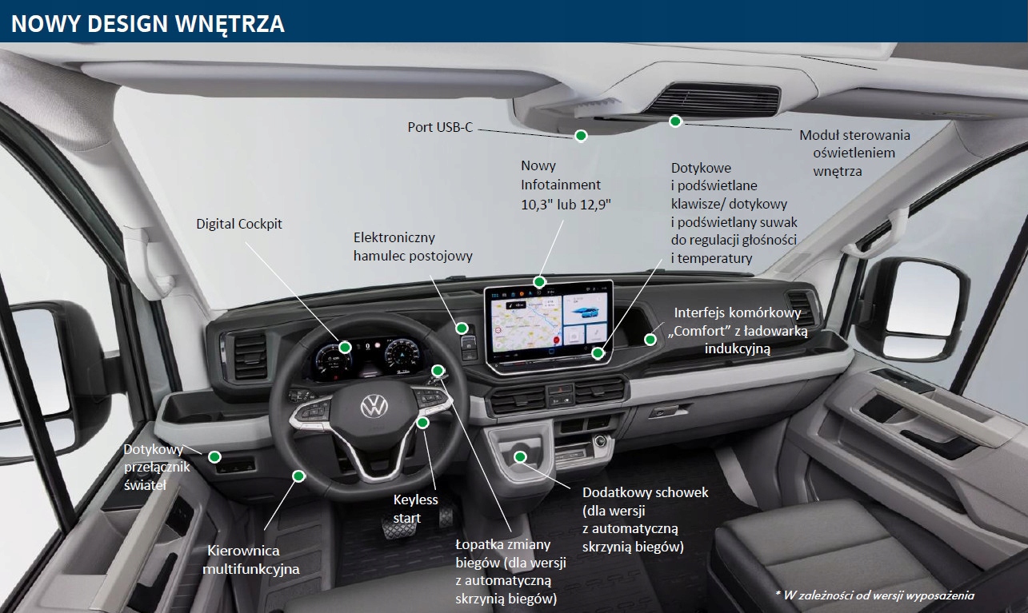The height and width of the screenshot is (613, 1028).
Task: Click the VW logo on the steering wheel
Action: tap(374, 406)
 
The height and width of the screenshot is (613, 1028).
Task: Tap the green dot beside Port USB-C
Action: tap(582, 135)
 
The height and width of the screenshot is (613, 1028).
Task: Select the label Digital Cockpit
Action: tap(239, 225)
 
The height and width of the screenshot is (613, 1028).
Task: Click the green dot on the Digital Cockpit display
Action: tap(345, 347)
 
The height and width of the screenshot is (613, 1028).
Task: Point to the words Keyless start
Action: tap(416, 508)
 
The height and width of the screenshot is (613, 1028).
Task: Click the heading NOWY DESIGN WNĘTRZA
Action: tap(148, 23)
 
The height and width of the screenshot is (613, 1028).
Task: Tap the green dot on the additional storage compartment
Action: tap(520, 456)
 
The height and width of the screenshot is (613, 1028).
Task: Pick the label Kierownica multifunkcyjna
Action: tap(250, 559)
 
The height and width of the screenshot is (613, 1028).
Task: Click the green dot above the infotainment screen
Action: tap(540, 281)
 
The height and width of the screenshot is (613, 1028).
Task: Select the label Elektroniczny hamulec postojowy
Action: tap(413, 247)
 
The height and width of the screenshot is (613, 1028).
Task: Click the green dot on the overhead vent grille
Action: tap(675, 121)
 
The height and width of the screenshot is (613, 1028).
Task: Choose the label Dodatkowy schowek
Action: tap(646, 493)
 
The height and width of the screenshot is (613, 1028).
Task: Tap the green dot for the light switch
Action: tap(214, 456)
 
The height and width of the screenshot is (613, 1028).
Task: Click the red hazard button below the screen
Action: tap(560, 388)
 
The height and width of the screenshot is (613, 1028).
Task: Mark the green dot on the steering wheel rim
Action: tap(298, 476)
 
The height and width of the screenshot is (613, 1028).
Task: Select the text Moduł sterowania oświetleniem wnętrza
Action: tap(854, 153)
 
